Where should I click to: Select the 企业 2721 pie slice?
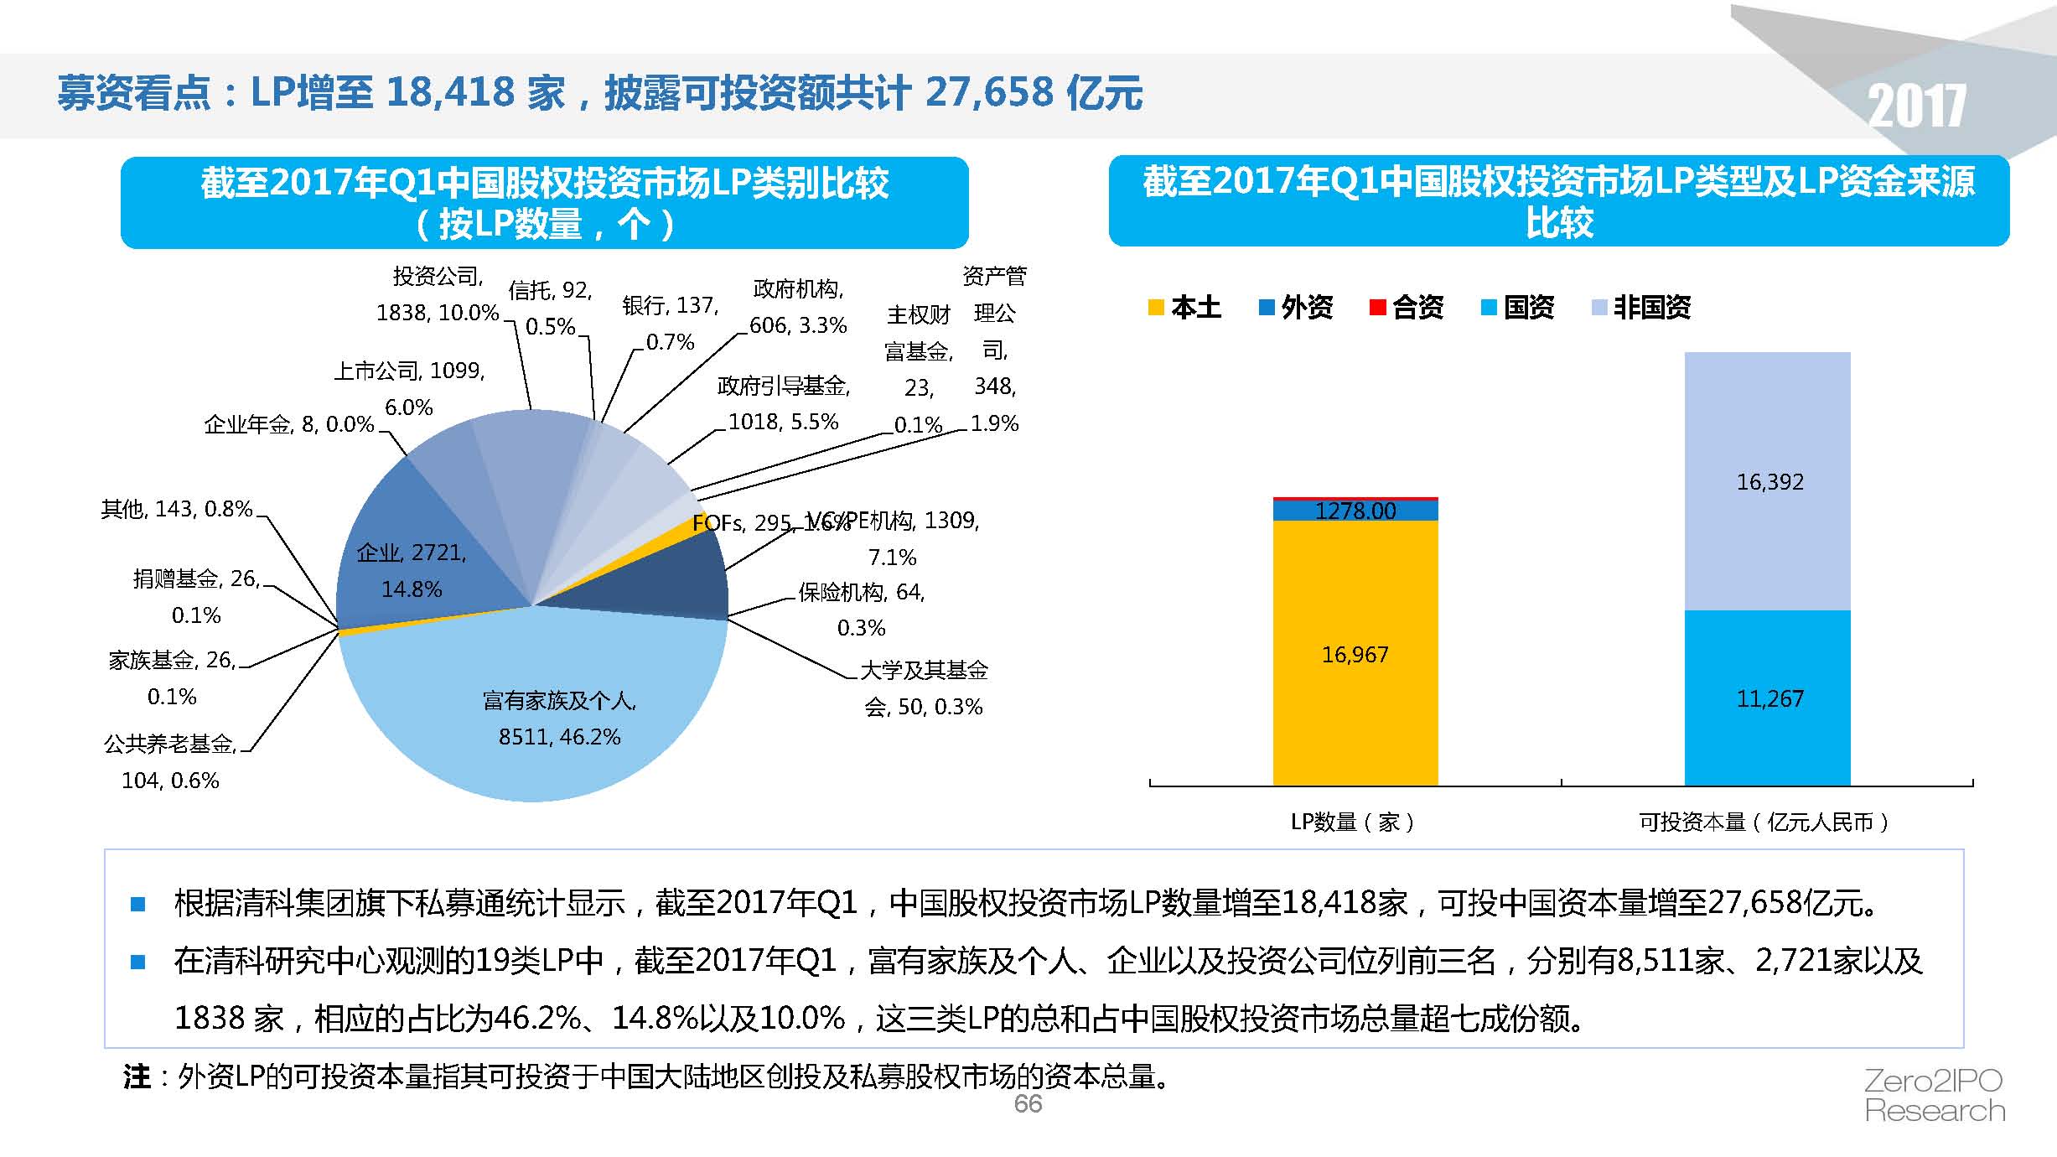click(x=411, y=570)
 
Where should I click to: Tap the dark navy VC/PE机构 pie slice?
click(x=671, y=578)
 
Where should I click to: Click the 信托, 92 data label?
click(x=550, y=308)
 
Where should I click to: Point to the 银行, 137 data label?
click(x=670, y=323)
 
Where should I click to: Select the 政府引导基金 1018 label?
click(x=784, y=403)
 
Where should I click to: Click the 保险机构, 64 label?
click(x=861, y=610)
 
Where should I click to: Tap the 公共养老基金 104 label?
click(x=170, y=761)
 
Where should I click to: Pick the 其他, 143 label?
click(x=177, y=509)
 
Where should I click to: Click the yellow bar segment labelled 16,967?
click(x=1355, y=654)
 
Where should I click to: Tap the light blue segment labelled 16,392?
click(x=1768, y=481)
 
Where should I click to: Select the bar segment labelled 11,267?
click(x=1768, y=698)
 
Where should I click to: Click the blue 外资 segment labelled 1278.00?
click(x=1355, y=511)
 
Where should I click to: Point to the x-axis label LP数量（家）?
click(x=1353, y=822)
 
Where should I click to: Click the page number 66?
click(x=1028, y=1103)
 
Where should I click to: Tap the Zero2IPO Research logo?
click(x=1935, y=1095)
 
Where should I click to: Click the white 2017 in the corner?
click(x=1917, y=106)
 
